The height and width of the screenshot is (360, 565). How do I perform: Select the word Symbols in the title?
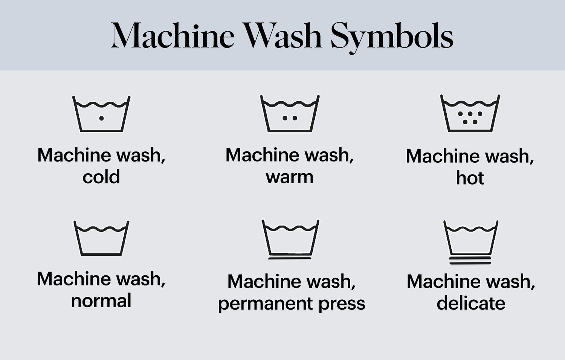click(392, 37)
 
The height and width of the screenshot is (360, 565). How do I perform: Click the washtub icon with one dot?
click(101, 114)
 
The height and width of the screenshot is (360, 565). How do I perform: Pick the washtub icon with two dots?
click(290, 114)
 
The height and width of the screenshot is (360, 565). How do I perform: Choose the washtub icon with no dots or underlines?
click(101, 238)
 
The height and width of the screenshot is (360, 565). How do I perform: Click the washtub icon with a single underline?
click(290, 239)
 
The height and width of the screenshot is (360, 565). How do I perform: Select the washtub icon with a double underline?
click(470, 241)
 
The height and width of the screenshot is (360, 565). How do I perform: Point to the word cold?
click(101, 177)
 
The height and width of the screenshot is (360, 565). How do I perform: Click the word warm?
click(290, 177)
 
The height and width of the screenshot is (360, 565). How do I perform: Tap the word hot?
click(470, 178)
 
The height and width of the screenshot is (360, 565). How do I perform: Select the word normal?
click(101, 301)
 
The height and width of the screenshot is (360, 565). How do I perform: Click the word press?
click(342, 304)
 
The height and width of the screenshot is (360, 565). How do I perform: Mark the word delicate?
click(471, 303)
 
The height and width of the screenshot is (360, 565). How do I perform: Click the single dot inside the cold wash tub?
click(101, 118)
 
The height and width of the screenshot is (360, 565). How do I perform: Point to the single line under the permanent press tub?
click(290, 258)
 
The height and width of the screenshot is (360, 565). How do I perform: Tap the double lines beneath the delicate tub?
click(470, 260)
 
